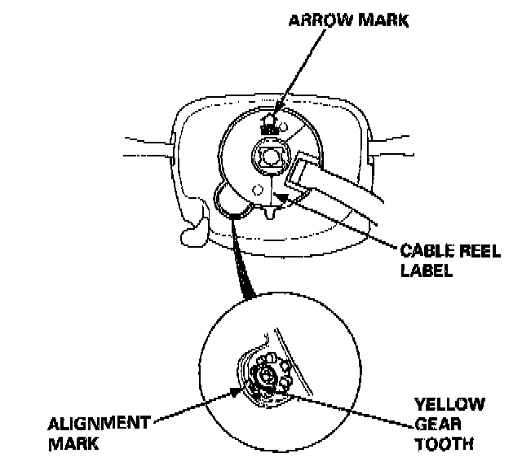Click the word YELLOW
click(449, 404)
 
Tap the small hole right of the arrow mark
click(282, 125)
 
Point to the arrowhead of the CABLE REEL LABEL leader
click(281, 192)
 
